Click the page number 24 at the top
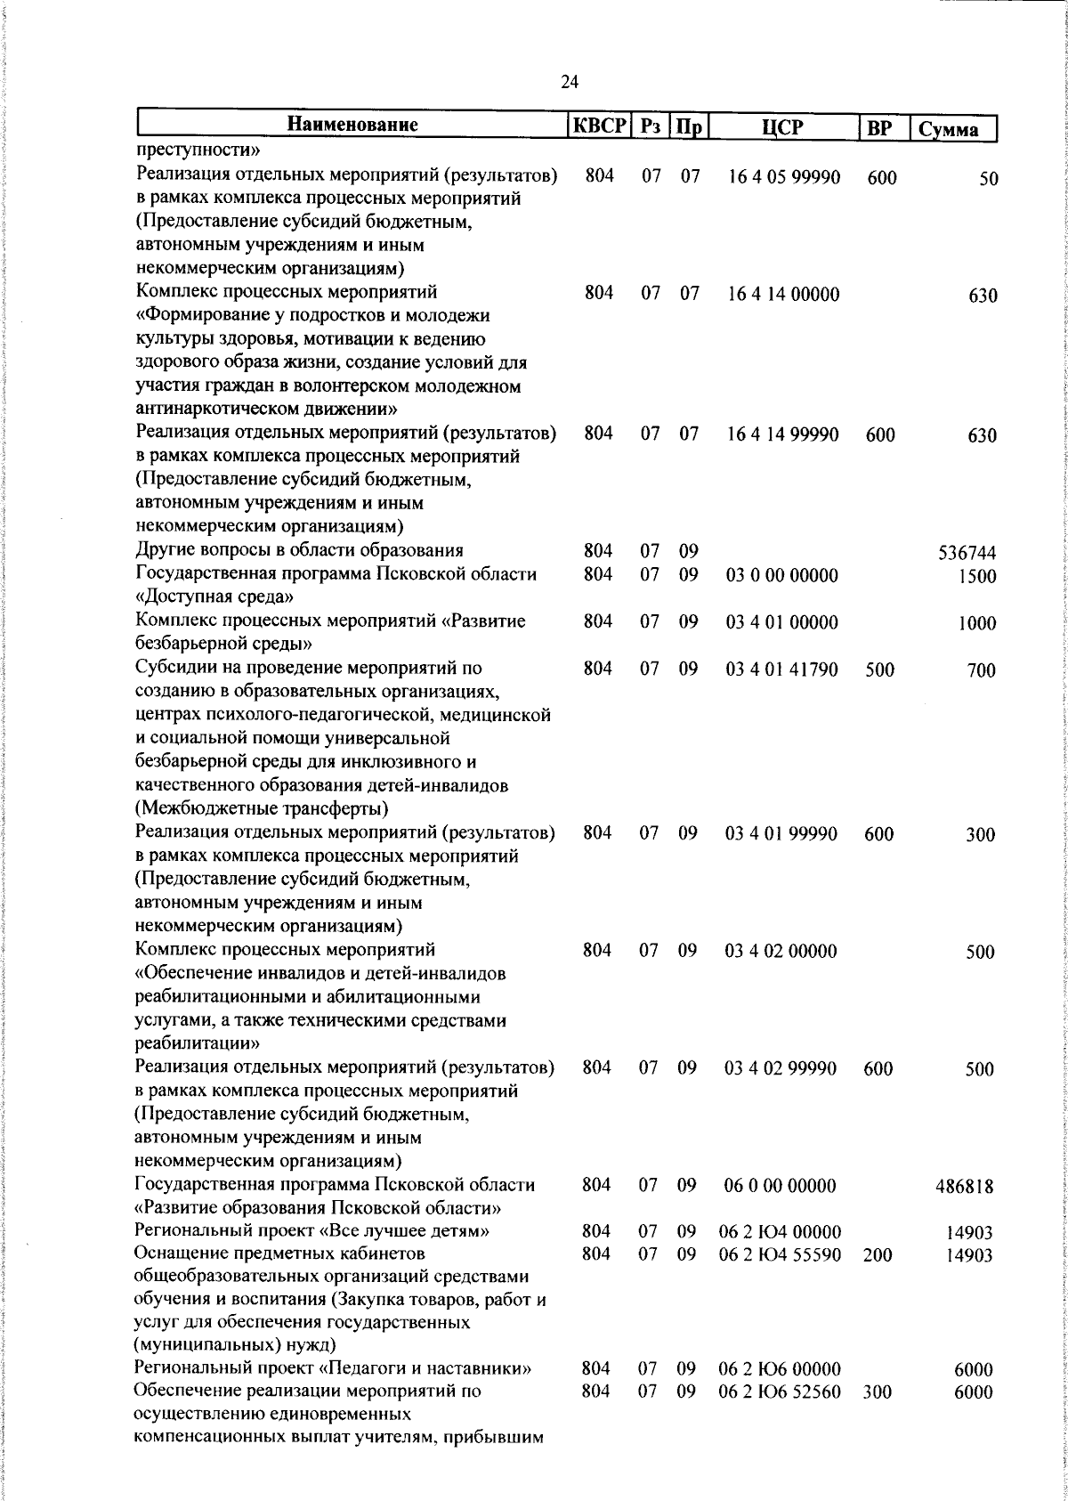pyautogui.click(x=570, y=83)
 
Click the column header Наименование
pyautogui.click(x=353, y=126)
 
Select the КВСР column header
pyautogui.click(x=600, y=126)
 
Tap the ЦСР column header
pyautogui.click(x=782, y=127)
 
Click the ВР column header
pyautogui.click(x=879, y=128)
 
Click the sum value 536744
pyautogui.click(x=967, y=553)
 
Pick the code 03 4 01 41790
pyautogui.click(x=781, y=669)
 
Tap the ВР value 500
pyautogui.click(x=879, y=669)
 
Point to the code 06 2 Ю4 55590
pyautogui.click(x=779, y=1254)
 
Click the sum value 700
pyautogui.click(x=982, y=670)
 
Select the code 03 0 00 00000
pyautogui.click(x=781, y=575)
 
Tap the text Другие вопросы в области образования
pyautogui.click(x=299, y=550)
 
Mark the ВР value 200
pyautogui.click(x=878, y=1254)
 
